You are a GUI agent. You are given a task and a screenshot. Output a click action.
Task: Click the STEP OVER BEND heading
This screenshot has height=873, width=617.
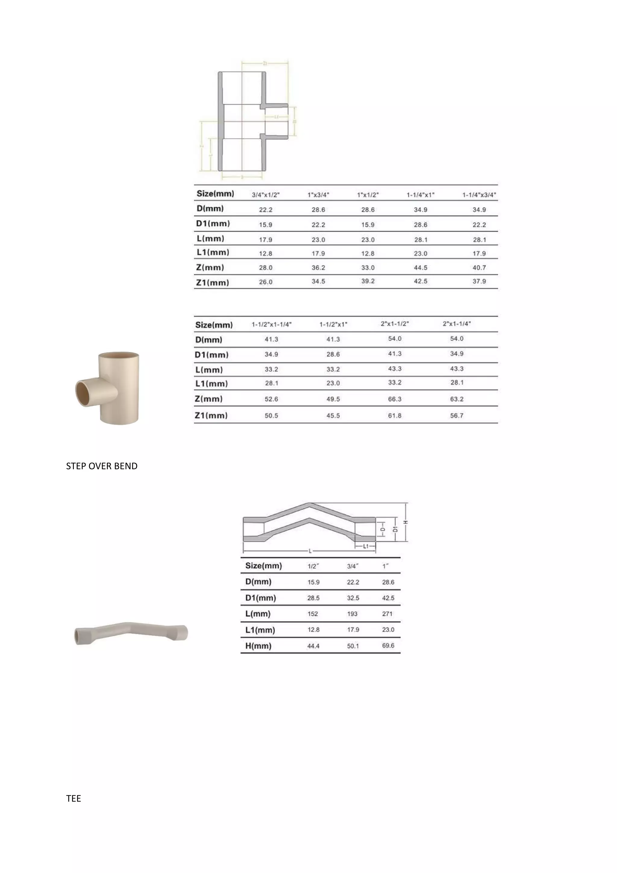point(102,466)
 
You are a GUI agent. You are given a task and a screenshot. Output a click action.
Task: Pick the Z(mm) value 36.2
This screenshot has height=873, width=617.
point(318,268)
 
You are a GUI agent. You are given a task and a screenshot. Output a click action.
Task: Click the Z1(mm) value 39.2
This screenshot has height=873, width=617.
point(368,281)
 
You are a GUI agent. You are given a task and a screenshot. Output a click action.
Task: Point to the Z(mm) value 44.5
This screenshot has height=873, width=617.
point(420,268)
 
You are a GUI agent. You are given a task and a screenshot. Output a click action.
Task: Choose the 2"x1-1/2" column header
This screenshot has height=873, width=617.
point(394,323)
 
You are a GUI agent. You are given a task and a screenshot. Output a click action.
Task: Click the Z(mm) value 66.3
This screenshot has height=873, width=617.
point(394,399)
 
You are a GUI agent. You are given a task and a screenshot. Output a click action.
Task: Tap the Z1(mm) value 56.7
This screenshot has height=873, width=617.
point(456,416)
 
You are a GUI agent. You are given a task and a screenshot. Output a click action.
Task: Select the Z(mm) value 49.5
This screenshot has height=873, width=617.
point(333,399)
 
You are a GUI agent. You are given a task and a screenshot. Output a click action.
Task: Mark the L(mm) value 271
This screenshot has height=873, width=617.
point(387,614)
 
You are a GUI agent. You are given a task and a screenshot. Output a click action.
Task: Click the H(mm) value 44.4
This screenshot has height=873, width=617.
point(313,646)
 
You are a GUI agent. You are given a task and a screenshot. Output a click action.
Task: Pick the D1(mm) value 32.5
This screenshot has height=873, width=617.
point(352,598)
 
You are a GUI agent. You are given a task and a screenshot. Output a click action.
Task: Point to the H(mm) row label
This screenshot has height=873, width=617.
point(258,646)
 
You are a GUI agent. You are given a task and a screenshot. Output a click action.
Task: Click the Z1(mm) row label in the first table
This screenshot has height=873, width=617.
point(213,282)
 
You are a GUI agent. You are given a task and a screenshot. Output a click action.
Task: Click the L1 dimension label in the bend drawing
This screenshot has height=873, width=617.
point(365,546)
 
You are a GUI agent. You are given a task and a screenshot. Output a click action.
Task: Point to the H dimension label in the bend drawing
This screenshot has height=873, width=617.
point(406,522)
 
